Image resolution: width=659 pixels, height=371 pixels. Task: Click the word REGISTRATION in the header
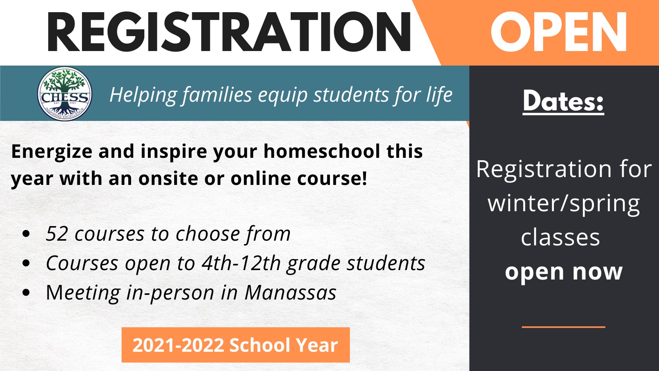coord(229,32)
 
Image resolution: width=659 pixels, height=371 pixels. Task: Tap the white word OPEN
coord(559,32)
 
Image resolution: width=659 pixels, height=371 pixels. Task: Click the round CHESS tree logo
coord(65,93)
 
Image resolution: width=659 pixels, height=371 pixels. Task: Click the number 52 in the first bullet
coord(57,234)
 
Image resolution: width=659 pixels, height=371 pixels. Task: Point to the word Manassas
coord(290,293)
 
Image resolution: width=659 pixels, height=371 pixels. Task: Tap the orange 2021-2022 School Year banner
coord(236,345)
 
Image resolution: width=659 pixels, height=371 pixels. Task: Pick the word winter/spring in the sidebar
coord(564,204)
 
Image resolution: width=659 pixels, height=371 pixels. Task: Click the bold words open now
coord(564,272)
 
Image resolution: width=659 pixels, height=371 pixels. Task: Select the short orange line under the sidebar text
coord(563,327)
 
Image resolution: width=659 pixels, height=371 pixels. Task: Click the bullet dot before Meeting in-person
coord(26,292)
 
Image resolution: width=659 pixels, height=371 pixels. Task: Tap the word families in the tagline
coord(217,95)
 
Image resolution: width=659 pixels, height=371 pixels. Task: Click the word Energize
coord(52,152)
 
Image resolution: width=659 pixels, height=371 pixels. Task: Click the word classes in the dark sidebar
coord(561,237)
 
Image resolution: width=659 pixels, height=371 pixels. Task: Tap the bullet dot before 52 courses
coord(26,234)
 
